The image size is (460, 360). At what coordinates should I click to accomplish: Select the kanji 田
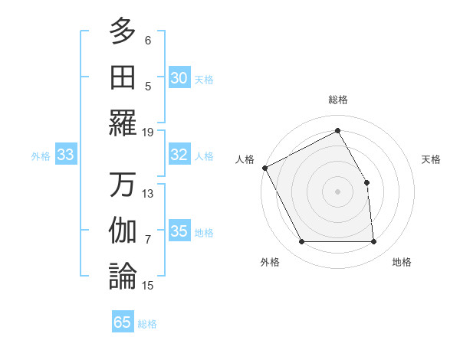tap(123, 77)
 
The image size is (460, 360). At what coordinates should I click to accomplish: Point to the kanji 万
tap(123, 185)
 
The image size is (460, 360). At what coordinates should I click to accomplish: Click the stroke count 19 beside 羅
tap(149, 132)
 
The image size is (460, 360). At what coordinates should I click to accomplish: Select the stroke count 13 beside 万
tap(149, 193)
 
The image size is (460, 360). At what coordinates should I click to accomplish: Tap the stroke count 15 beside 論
tap(149, 286)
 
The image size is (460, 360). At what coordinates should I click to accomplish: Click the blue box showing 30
tap(179, 78)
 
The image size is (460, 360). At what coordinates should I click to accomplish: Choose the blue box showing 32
tap(179, 155)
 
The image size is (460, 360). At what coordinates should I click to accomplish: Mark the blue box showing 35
tap(179, 232)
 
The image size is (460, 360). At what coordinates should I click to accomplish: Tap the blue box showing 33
tap(65, 155)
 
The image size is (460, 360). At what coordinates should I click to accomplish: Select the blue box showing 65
tap(123, 322)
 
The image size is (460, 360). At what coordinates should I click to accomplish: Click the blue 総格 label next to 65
tap(147, 324)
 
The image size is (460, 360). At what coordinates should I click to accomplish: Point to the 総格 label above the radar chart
tap(338, 100)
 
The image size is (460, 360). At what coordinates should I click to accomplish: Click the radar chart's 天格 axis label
tap(431, 159)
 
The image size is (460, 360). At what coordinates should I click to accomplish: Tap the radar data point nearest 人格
tap(265, 168)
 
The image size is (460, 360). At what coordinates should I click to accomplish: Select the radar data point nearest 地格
tap(374, 242)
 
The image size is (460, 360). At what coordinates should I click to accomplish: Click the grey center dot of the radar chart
tap(337, 191)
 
